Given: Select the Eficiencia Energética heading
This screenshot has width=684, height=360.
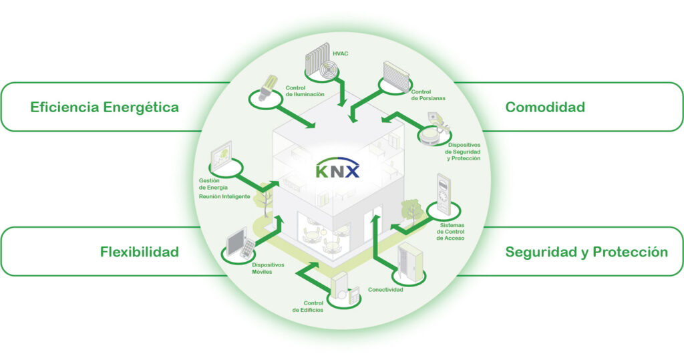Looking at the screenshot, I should point(104,107).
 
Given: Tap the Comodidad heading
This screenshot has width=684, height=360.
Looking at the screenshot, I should point(545,107).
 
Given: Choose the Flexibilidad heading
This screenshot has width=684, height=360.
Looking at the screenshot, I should point(140,252).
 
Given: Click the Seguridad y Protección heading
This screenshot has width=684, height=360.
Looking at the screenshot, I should point(586,252).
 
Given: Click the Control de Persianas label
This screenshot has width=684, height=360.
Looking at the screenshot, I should point(428,95).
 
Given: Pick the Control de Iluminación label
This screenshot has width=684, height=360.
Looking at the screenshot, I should point(305,92).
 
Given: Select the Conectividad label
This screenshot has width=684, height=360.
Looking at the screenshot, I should point(385,290).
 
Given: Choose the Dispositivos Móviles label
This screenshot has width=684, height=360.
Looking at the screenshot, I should point(267,268).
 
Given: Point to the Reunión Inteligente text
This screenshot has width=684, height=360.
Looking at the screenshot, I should point(224,197).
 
